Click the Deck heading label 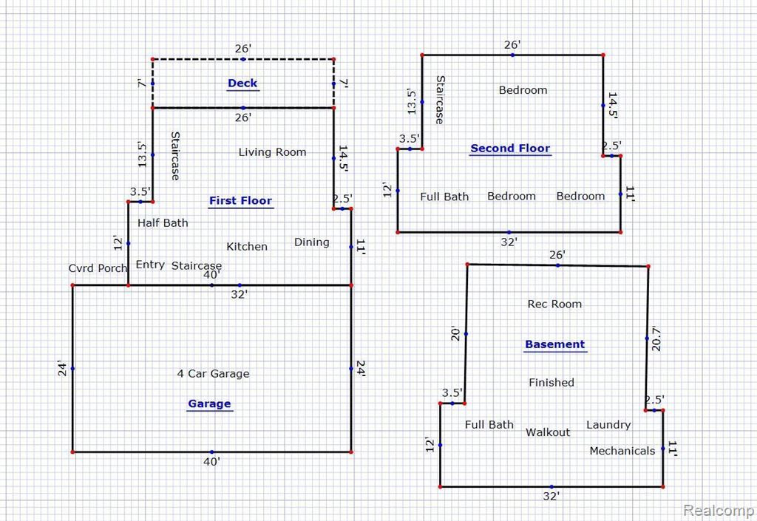[x=242, y=83]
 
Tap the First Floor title [x=240, y=201]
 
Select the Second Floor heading [x=510, y=148]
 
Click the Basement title [x=554, y=344]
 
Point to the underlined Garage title [x=209, y=403]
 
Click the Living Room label [x=272, y=152]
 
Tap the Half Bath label [x=163, y=223]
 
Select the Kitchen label [x=247, y=247]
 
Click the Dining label [x=312, y=242]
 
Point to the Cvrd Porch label [x=98, y=268]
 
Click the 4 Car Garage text [x=214, y=373]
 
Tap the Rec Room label [x=554, y=304]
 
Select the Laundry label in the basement [x=608, y=424]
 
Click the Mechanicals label [x=622, y=451]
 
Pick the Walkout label [x=548, y=432]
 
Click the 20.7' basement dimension [x=655, y=338]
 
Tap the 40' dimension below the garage [x=211, y=462]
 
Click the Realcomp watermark [x=719, y=510]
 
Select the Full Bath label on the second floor [x=444, y=197]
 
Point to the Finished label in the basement [x=551, y=383]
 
